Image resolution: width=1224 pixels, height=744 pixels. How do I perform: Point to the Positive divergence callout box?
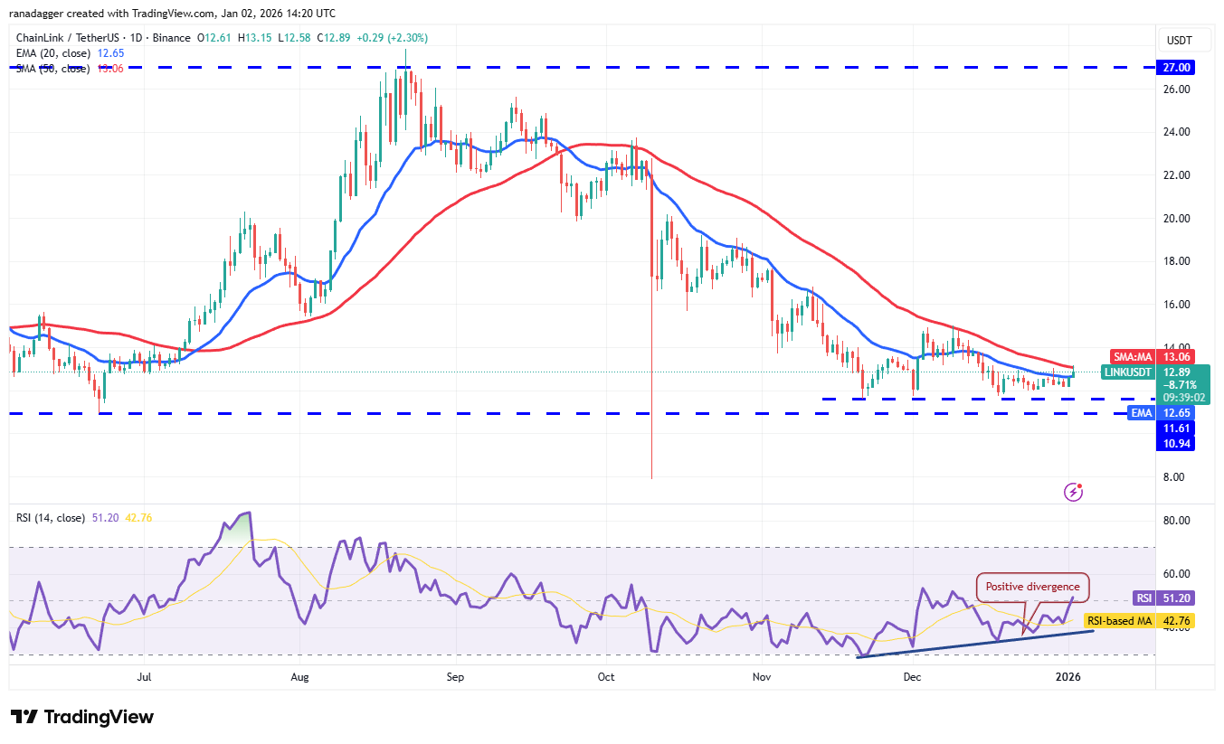[x=1032, y=587]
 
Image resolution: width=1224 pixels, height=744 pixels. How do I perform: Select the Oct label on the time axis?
[x=606, y=676]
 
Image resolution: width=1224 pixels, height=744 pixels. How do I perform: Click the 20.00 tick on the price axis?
[x=1176, y=218]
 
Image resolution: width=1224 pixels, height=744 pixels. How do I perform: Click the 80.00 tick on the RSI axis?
[x=1176, y=520]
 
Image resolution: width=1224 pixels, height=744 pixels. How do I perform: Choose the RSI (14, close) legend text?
[x=51, y=518]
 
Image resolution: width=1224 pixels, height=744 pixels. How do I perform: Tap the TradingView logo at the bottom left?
[x=82, y=717]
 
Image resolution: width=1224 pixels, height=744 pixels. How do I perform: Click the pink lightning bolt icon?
[x=1073, y=492]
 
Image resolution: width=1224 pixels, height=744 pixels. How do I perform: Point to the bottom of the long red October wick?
[x=651, y=477]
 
